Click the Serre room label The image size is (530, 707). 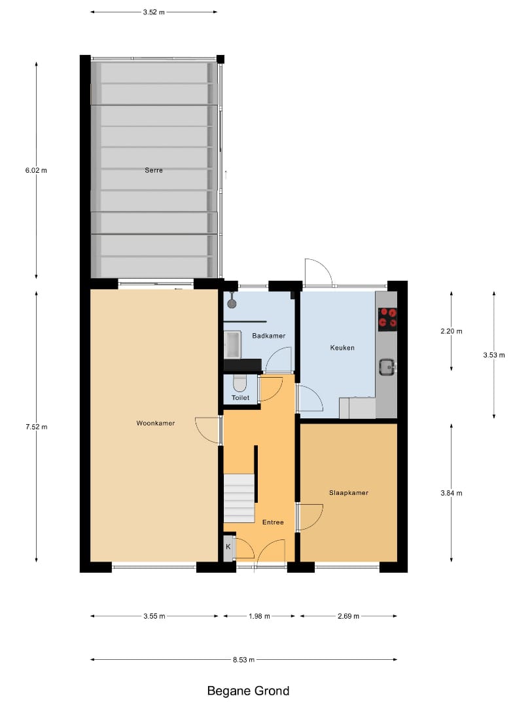click(x=154, y=170)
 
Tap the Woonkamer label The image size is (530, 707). click(x=155, y=423)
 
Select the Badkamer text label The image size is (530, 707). click(x=268, y=336)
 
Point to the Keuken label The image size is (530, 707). click(x=342, y=348)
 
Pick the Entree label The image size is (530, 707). click(x=273, y=522)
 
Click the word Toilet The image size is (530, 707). click(x=240, y=397)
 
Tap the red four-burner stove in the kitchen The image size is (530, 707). click(x=389, y=317)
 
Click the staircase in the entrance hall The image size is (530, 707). click(x=239, y=498)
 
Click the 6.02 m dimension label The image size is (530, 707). click(x=36, y=170)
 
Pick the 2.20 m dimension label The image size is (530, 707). click(x=451, y=331)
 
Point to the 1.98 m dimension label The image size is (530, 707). click(x=260, y=616)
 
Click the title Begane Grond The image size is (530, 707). click(x=248, y=691)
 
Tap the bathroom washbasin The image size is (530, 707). click(x=232, y=344)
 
